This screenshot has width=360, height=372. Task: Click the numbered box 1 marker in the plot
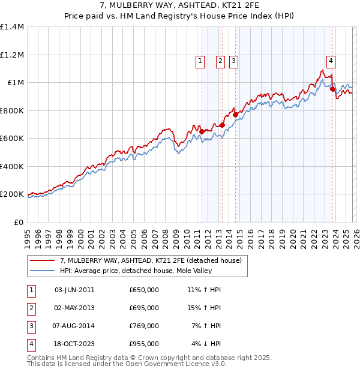(199, 60)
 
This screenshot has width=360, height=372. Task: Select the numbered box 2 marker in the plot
(220, 60)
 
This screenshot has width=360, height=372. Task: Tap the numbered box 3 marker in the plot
(233, 60)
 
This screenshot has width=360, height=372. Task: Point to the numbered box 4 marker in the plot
(331, 60)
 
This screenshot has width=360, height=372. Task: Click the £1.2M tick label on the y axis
(12, 55)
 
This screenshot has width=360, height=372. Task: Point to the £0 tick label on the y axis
(19, 222)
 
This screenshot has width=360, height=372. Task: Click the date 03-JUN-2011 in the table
(74, 290)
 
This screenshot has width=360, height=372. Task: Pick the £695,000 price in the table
(143, 308)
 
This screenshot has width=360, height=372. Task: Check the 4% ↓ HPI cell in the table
(205, 344)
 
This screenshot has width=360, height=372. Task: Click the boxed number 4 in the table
(31, 344)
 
